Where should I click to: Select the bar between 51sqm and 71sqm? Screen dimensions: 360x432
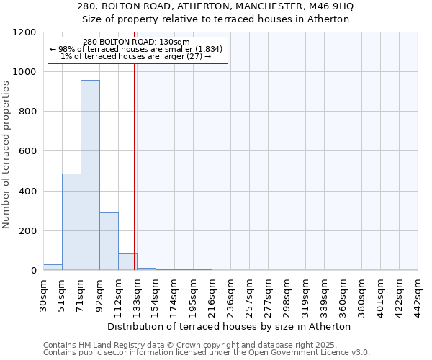71,222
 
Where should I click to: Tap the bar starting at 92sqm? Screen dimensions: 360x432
109,241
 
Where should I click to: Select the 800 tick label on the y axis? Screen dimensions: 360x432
27,112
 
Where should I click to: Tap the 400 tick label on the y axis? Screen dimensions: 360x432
27,192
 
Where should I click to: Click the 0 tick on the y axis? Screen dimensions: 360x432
33,271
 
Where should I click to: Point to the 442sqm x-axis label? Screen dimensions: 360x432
418,294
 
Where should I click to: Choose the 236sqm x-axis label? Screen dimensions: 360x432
230,294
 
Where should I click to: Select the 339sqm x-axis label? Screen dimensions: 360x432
324,294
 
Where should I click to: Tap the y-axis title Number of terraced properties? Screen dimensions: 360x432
6,154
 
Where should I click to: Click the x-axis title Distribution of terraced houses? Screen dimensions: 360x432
230,326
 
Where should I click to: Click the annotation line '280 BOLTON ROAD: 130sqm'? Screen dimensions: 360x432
137,42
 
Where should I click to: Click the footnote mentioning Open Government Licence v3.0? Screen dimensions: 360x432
207,353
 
